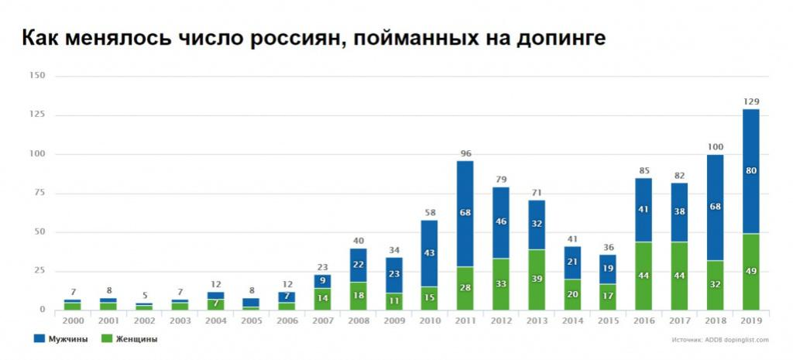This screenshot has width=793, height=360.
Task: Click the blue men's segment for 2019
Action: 750,171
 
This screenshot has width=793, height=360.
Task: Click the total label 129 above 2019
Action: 750,102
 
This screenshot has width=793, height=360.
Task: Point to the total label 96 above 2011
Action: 465,153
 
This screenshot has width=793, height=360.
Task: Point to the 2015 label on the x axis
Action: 608,321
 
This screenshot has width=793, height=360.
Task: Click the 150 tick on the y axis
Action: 36,76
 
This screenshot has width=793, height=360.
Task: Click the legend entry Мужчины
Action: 62,338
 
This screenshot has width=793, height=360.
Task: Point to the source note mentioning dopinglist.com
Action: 721,339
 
